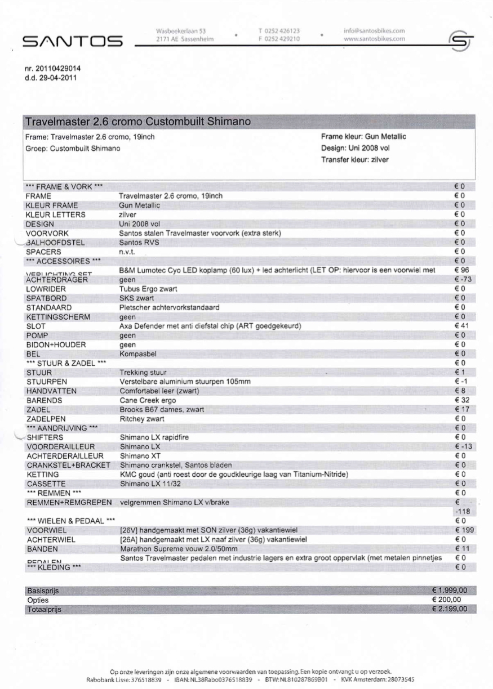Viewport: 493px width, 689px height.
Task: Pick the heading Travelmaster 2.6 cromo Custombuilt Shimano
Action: (138, 122)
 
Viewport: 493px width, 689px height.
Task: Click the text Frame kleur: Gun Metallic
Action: (363, 137)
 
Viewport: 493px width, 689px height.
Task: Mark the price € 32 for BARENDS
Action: (461, 400)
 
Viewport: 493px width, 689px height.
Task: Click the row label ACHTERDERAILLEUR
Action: (65, 455)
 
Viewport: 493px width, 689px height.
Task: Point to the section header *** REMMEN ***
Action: (54, 493)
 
